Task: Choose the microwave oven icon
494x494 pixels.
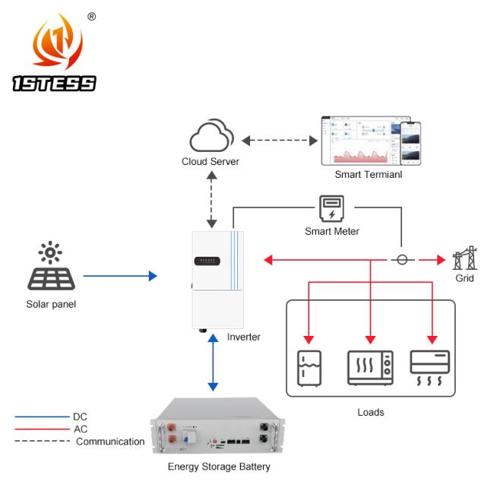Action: (x=370, y=369)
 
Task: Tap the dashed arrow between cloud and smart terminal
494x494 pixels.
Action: (x=280, y=140)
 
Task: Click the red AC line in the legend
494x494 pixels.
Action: (x=42, y=429)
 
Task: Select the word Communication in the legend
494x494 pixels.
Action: (x=110, y=442)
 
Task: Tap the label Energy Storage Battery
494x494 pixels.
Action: (x=219, y=467)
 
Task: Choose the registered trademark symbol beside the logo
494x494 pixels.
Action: (x=92, y=15)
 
